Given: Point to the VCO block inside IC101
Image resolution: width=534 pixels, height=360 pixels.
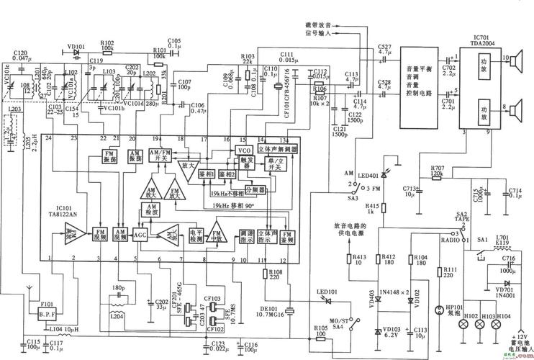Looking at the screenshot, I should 244,150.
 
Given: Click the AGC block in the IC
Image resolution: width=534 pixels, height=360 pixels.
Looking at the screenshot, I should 140,234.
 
